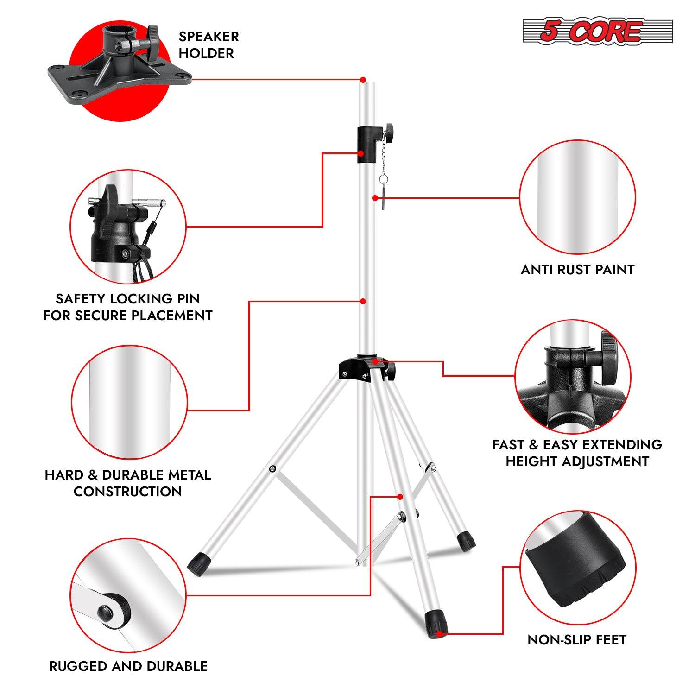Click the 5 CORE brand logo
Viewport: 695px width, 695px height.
tap(597, 32)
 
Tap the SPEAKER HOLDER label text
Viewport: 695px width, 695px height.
tap(208, 45)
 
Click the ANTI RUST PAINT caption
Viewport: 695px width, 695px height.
tap(577, 270)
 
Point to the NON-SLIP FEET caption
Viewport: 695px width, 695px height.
tap(577, 640)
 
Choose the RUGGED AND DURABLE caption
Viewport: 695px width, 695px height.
tap(128, 666)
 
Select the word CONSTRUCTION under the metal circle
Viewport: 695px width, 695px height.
tap(127, 492)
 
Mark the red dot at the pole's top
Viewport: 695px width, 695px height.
tap(363, 80)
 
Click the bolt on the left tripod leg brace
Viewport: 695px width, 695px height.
tap(272, 469)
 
